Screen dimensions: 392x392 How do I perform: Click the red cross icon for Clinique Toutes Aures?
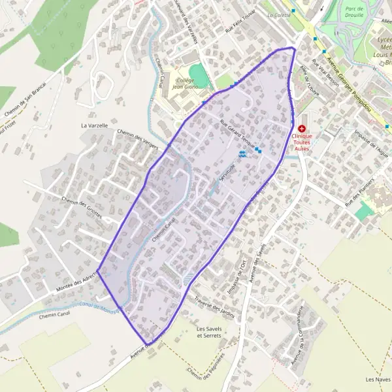302,129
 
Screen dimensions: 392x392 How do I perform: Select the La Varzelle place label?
93,124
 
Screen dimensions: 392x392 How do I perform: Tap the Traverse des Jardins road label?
214,306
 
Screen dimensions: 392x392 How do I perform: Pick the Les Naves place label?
378,379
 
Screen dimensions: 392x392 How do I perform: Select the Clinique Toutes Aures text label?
302,143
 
